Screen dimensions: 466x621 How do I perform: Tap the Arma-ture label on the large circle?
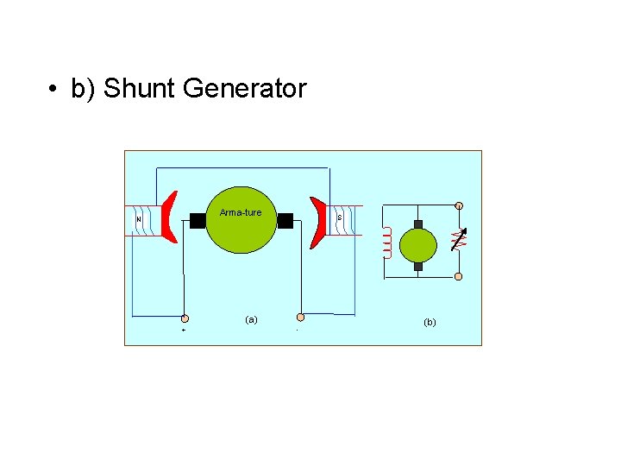pyautogui.click(x=241, y=212)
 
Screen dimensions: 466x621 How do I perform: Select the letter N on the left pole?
pyautogui.click(x=139, y=218)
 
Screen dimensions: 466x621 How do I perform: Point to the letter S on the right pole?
pyautogui.click(x=340, y=217)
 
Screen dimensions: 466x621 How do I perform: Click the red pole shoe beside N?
pyautogui.click(x=169, y=218)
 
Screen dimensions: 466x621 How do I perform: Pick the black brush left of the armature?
pyautogui.click(x=198, y=220)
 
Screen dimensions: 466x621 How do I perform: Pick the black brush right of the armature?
pyautogui.click(x=285, y=220)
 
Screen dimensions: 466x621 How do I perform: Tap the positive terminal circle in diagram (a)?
pyautogui.click(x=185, y=318)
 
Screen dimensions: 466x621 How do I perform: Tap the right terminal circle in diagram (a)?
pyautogui.click(x=300, y=318)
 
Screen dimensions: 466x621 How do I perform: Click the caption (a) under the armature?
pyautogui.click(x=251, y=319)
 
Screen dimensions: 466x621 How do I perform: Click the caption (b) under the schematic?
pyautogui.click(x=430, y=322)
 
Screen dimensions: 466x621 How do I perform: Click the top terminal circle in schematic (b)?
pyautogui.click(x=459, y=206)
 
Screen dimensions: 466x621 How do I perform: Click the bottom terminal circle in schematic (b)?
pyautogui.click(x=459, y=277)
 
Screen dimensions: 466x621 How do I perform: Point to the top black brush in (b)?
pyautogui.click(x=418, y=224)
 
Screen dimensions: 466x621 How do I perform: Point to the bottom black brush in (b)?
pyautogui.click(x=418, y=266)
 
